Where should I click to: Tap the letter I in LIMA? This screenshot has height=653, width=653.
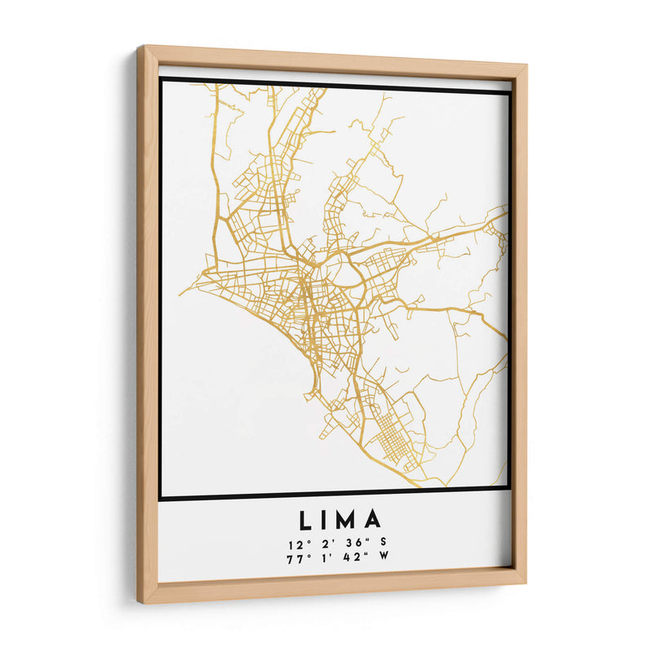point(326,520)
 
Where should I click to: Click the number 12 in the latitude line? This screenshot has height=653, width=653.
point(294,544)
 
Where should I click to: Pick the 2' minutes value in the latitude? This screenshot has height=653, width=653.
point(318,544)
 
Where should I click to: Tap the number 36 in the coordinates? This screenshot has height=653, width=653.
point(344,544)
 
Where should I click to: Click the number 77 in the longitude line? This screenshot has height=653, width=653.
point(294,557)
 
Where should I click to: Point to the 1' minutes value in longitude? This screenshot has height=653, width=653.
point(318,557)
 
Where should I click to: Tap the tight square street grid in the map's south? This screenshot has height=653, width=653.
point(394,437)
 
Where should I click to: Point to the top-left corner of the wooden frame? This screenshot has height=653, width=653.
point(138,47)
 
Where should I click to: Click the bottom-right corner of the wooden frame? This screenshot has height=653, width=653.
point(526,583)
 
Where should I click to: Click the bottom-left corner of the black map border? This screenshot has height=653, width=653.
point(162,497)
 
